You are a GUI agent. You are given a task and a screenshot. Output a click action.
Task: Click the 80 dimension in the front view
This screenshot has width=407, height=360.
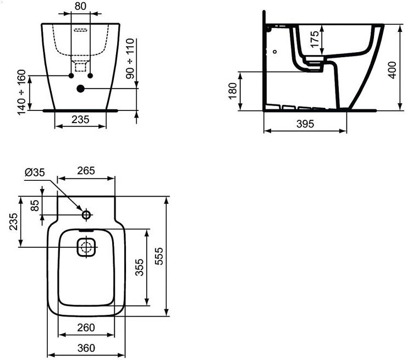[x=80, y=6]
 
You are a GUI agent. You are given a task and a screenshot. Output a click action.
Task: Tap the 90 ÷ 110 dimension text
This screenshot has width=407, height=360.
[x=130, y=59]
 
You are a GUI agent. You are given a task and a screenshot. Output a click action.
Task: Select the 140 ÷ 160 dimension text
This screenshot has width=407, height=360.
[x=21, y=92]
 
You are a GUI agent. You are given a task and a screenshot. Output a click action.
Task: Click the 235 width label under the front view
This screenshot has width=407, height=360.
[x=80, y=120]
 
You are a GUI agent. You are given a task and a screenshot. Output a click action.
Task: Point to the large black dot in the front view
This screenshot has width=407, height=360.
[x=81, y=88]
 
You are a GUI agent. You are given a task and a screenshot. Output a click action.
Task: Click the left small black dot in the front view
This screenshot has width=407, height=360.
[x=71, y=76]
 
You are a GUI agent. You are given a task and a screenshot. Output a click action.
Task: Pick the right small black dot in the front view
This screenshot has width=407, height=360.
[x=90, y=76]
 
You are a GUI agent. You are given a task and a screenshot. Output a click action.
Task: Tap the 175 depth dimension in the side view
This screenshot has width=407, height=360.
[x=315, y=39]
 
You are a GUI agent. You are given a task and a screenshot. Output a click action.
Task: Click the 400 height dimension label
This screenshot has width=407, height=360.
[x=392, y=70]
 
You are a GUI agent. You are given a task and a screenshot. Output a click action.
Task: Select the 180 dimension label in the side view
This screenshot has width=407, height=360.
[x=233, y=91]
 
